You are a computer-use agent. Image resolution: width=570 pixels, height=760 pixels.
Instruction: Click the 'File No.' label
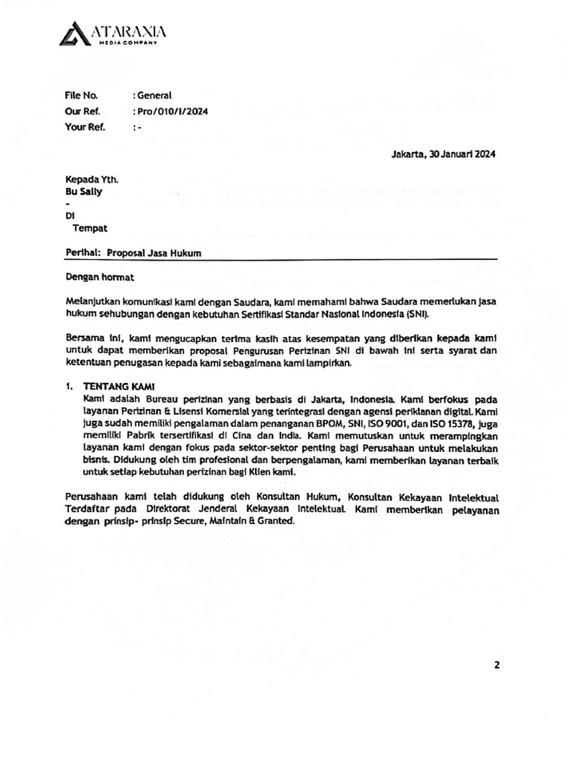tap(81, 95)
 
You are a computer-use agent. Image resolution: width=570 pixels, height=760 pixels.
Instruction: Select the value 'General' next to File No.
tap(154, 95)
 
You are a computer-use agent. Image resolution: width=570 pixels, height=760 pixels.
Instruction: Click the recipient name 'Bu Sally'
tap(85, 192)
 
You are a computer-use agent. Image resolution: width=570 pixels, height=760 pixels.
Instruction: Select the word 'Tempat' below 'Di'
tap(89, 228)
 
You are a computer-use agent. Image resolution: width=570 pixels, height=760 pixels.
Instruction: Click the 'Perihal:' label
tap(82, 253)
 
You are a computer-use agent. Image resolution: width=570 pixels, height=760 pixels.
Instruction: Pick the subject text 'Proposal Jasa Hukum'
tap(154, 253)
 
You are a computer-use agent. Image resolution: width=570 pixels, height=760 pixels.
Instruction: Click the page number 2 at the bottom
tap(497, 665)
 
